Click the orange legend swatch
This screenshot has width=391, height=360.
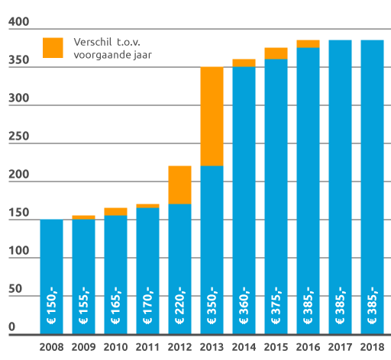coord(53,47)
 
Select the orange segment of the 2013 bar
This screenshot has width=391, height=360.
coord(212,116)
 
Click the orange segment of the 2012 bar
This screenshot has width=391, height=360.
coord(179,185)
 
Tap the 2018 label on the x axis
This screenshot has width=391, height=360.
coord(372,347)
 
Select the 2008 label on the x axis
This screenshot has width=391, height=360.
coord(51,347)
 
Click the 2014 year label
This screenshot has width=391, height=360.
coord(244,347)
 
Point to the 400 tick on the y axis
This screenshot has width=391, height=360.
coord(16,24)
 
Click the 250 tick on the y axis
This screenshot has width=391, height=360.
coord(16,138)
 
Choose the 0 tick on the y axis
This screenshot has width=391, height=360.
coord(11,328)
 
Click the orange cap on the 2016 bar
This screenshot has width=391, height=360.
coord(308,43)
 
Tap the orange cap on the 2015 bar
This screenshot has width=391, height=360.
coord(276,53)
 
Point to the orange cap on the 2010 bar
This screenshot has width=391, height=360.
coord(115,211)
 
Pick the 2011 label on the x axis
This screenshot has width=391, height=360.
coord(147,347)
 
